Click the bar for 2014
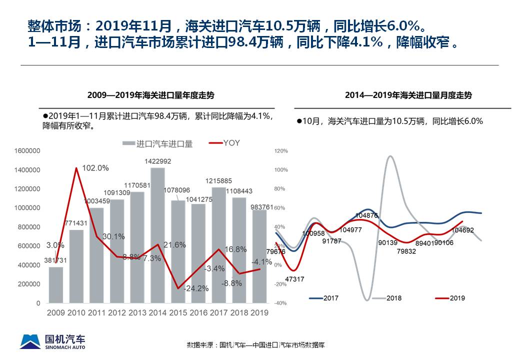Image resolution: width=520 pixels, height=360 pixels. point(157,235)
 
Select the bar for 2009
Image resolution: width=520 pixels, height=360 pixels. point(56,285)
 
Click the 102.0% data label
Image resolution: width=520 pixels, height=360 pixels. point(95,168)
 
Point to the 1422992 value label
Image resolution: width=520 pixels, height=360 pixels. point(157,161)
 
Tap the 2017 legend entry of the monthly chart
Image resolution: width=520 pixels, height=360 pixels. point(323,298)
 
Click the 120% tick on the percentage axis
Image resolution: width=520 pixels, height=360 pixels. point(281,151)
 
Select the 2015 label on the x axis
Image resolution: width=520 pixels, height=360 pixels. point(177,312)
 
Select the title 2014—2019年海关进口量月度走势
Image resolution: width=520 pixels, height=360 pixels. point(408,95)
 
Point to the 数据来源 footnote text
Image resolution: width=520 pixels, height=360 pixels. point(255,345)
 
